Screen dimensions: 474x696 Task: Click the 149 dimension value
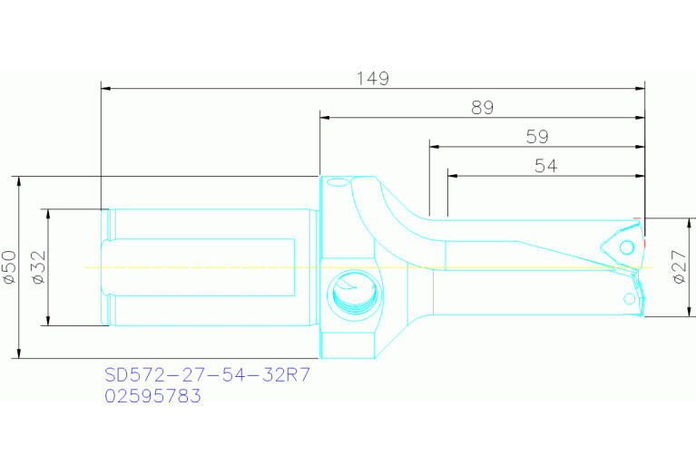point(372,79)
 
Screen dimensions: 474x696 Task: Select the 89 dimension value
point(482,108)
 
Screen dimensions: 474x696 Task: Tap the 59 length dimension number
point(537,137)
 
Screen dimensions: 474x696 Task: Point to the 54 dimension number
point(546,166)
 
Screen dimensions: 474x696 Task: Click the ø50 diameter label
point(10,267)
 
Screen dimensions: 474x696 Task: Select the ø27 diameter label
point(680,267)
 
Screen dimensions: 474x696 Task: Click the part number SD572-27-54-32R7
point(208,375)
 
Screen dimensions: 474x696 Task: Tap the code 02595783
point(152,396)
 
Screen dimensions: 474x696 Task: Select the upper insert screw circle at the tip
point(625,247)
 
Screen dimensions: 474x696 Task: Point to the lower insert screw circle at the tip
point(629,298)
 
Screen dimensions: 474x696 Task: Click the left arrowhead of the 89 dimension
point(324,118)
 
